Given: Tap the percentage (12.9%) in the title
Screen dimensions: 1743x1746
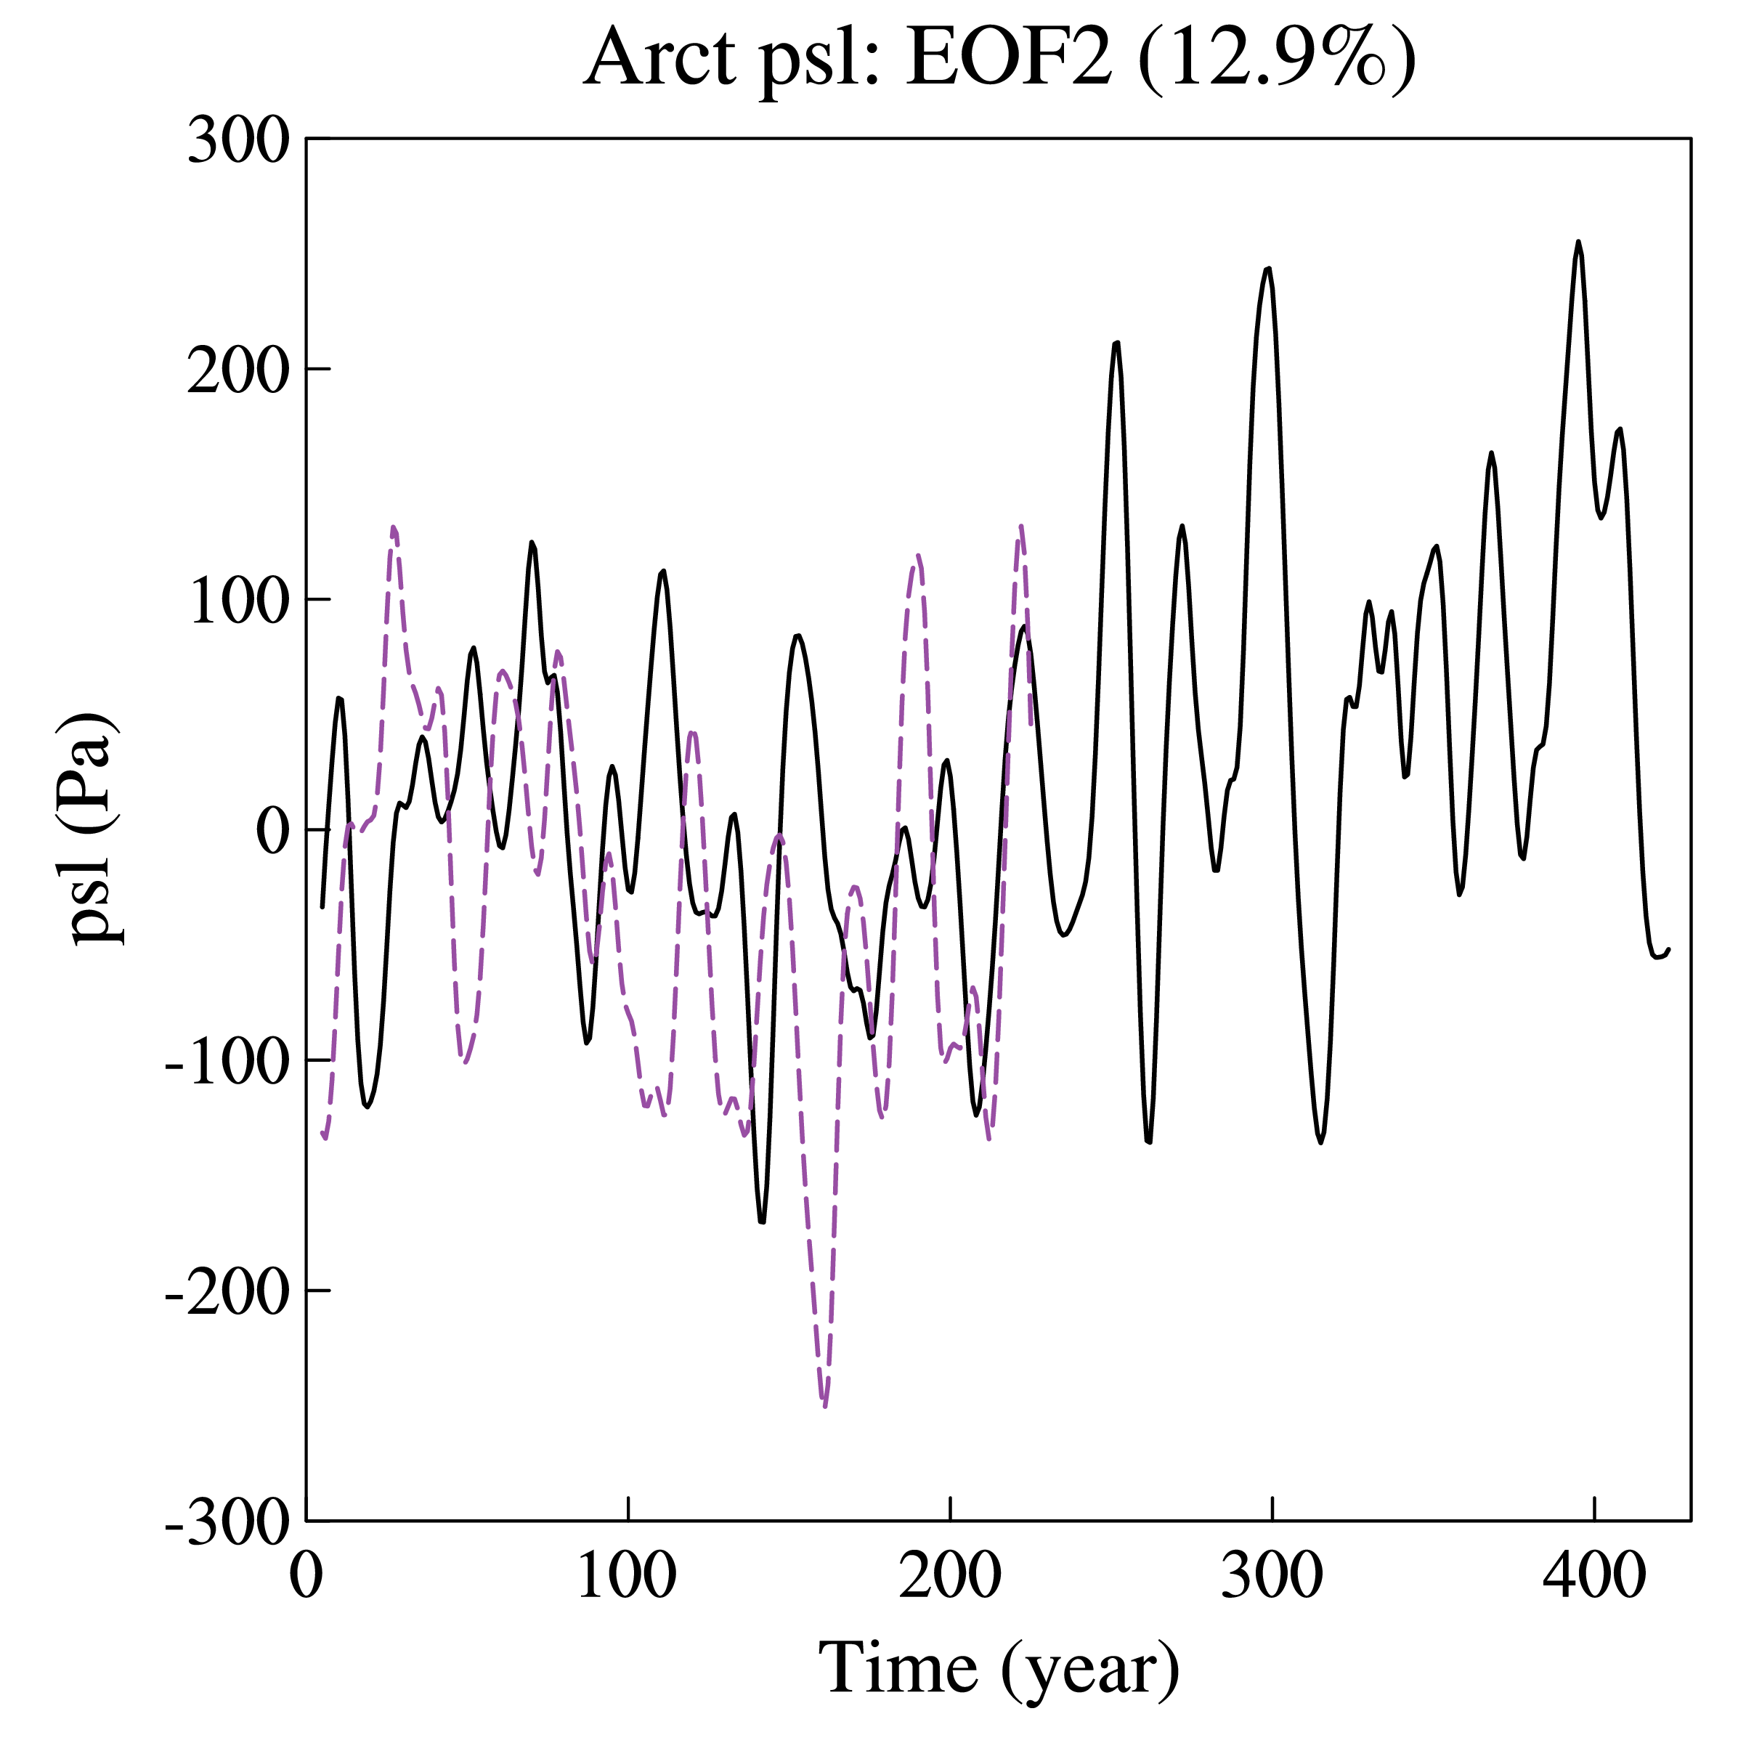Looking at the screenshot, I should [x=1276, y=58].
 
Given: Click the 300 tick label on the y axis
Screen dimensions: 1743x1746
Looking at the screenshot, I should [x=238, y=141].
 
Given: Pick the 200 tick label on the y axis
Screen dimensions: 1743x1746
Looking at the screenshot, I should [x=238, y=370].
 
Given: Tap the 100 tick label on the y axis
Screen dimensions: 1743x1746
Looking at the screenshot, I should [x=238, y=600].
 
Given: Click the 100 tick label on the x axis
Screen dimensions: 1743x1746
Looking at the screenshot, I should [x=628, y=1576].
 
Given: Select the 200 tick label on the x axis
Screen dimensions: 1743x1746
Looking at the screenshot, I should [x=950, y=1576].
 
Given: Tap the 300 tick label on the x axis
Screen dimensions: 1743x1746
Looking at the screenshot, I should [x=1272, y=1576].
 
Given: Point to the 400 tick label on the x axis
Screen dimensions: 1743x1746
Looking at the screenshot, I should [x=1594, y=1576].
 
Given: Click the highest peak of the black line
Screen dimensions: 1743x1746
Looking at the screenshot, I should [x=1578, y=242].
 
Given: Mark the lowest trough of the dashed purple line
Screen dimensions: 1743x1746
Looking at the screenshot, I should [x=824, y=1405].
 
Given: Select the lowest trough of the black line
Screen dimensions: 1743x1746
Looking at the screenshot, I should [x=762, y=1222].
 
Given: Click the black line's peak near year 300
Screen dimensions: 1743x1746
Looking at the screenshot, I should [x=1269, y=269].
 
